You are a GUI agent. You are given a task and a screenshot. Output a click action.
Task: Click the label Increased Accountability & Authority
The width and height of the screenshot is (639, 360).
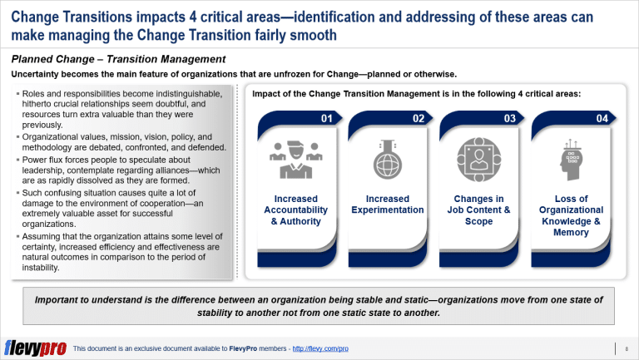295,210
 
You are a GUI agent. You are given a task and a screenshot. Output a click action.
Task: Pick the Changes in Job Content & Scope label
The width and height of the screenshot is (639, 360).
479,210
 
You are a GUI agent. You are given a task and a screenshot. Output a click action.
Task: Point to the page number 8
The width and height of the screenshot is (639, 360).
625,348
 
